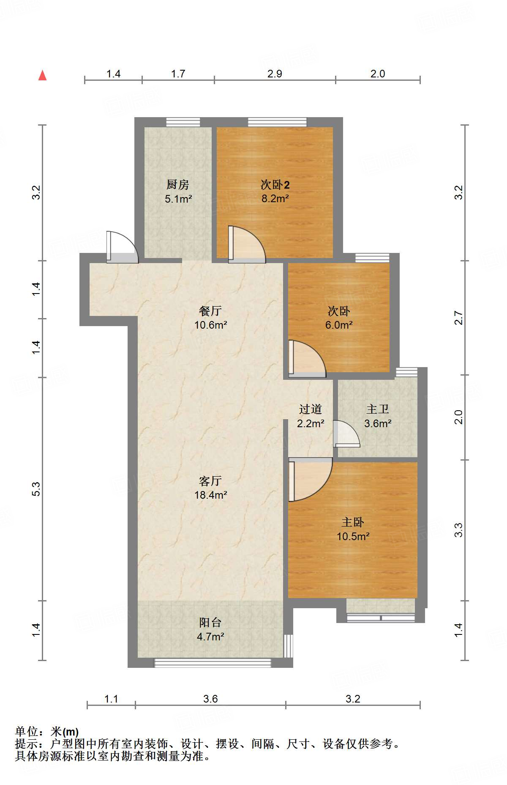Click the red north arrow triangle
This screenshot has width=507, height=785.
click(x=42, y=76)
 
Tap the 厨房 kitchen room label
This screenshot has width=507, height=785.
click(x=177, y=184)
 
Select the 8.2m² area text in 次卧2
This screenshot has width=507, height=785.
click(x=275, y=198)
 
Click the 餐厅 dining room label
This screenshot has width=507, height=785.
click(x=210, y=311)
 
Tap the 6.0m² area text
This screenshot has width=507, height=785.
click(x=339, y=325)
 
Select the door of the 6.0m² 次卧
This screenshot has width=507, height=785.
click(x=306, y=360)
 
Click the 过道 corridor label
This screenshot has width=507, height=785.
click(x=311, y=409)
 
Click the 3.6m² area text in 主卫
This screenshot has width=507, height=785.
click(x=378, y=423)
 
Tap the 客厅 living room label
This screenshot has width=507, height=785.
click(x=210, y=481)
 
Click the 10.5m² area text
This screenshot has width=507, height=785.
click(x=353, y=536)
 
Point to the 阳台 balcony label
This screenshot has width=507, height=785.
click(x=210, y=622)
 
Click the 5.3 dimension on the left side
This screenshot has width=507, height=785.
click(x=36, y=489)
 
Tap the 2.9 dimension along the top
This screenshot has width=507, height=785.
click(x=275, y=74)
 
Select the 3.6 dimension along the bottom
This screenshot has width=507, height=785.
click(x=210, y=699)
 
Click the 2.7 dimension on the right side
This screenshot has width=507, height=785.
click(x=459, y=318)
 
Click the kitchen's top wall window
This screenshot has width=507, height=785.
click(x=183, y=122)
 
